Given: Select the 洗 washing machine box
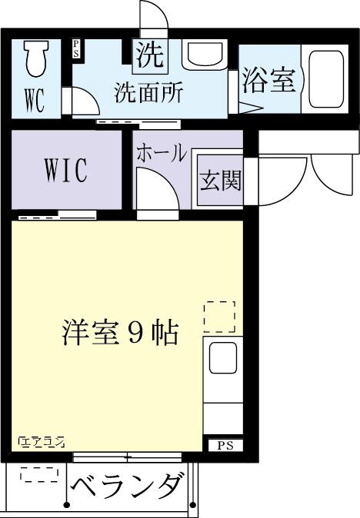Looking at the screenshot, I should click(x=150, y=55).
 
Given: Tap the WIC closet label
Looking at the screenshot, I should click(x=65, y=169).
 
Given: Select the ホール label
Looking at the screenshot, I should click(x=161, y=153).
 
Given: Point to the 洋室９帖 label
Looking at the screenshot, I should click(x=120, y=333).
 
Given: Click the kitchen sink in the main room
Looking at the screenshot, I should click(x=224, y=357).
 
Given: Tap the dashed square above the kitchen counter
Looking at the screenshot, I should click(x=220, y=316).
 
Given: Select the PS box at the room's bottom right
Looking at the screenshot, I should click(x=223, y=445).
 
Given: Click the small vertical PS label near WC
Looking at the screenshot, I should click(x=76, y=49).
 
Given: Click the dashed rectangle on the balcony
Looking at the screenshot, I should click(x=38, y=476).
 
